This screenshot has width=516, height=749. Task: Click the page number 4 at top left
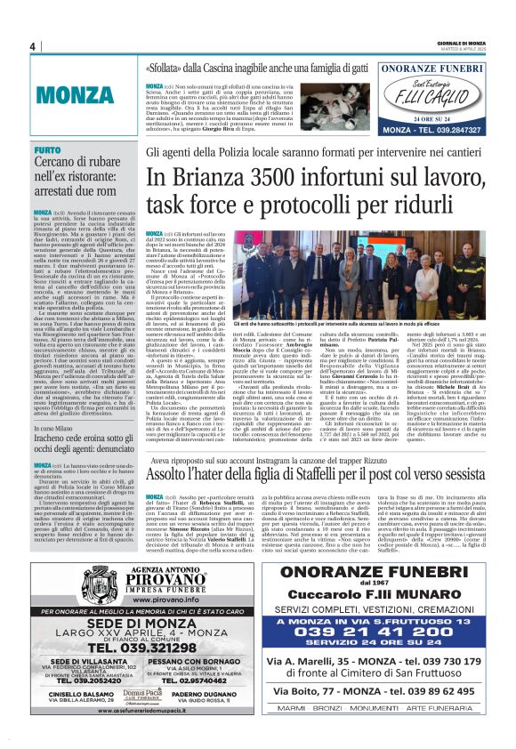point(32,46)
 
